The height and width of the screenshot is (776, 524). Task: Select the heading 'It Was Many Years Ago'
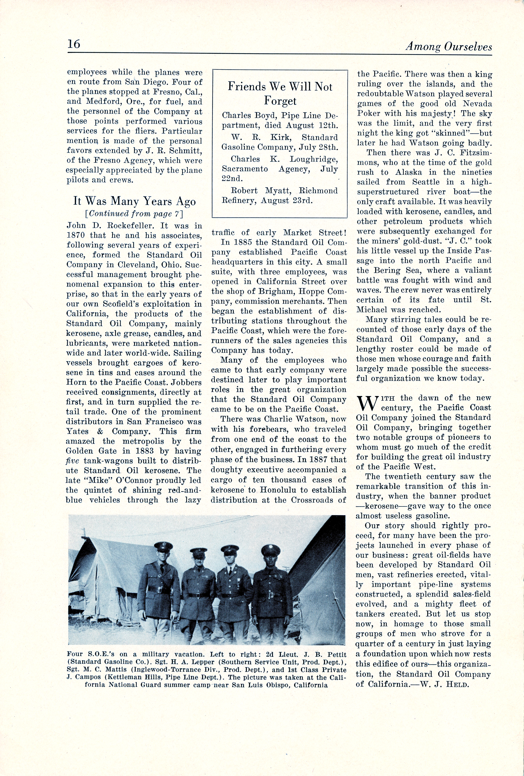click(135, 201)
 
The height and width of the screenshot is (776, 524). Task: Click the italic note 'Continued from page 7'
click(135, 213)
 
